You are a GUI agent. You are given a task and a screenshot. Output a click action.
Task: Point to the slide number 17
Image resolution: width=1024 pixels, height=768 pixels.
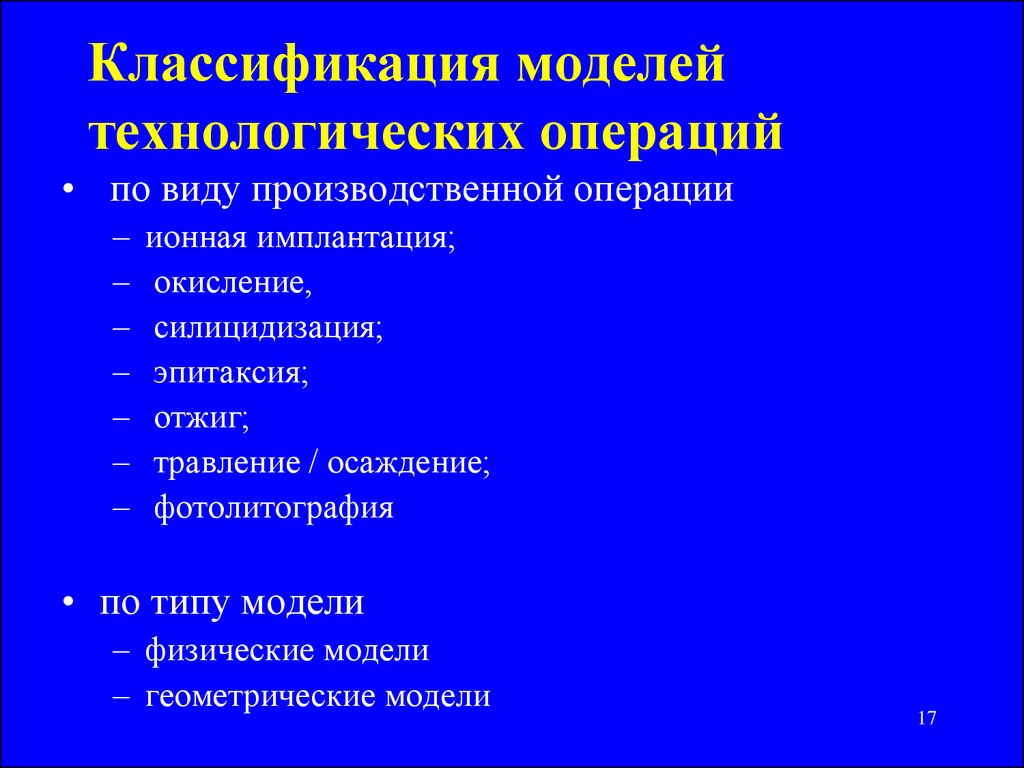click(x=927, y=718)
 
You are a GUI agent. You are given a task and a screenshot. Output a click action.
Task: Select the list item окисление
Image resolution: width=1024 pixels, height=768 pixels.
click(x=233, y=284)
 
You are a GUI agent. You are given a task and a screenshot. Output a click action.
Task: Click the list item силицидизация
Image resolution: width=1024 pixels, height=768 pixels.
click(x=268, y=329)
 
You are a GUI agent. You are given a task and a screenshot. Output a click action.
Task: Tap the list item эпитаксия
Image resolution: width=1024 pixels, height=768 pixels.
click(x=231, y=374)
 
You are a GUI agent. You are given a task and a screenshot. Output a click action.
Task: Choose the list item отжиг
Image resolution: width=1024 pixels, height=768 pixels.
click(x=202, y=419)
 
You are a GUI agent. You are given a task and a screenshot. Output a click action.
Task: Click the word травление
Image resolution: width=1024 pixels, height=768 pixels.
click(x=227, y=464)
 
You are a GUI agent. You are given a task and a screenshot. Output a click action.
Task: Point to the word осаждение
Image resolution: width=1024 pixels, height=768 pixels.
click(x=409, y=464)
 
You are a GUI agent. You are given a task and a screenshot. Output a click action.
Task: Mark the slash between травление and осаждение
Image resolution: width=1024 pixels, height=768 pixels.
click(x=314, y=463)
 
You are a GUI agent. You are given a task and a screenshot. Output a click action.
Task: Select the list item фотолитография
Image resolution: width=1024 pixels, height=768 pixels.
click(x=274, y=509)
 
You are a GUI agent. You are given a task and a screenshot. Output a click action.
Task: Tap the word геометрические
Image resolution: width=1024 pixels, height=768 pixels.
click(x=261, y=697)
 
